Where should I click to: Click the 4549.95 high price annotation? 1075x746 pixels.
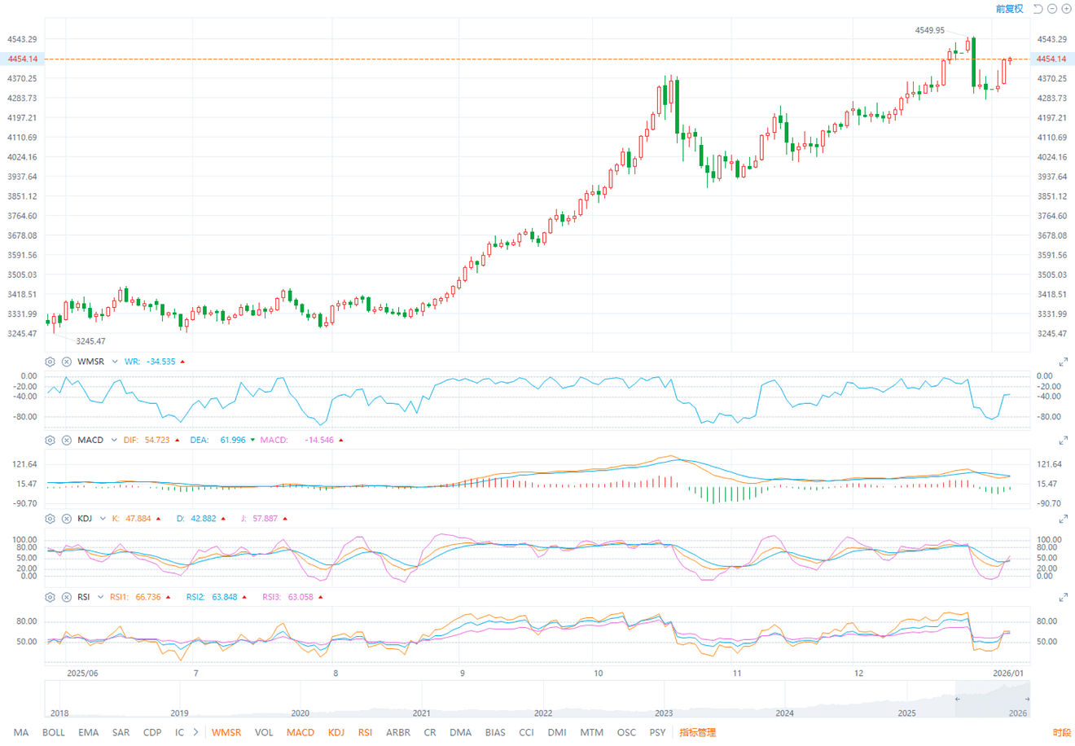point(929,30)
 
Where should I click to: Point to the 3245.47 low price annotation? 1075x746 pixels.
point(90,341)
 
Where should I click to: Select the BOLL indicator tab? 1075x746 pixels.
point(54,732)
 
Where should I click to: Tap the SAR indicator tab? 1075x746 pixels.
point(121,732)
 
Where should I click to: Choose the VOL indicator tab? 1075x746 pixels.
point(264,732)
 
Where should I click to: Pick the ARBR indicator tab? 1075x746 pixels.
point(398,732)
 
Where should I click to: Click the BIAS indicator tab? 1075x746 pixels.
point(495,732)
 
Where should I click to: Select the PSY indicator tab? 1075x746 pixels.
point(657,732)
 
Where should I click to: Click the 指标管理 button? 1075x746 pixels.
point(698,732)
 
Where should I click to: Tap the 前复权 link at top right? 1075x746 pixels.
point(1009,9)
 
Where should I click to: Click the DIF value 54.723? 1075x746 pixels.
point(157,440)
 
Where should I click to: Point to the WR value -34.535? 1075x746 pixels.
point(161,362)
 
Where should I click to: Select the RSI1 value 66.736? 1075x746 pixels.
point(148,597)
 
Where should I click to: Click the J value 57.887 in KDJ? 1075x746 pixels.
point(265,519)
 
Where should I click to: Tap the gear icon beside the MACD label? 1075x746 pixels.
point(50,440)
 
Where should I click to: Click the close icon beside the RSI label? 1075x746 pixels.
point(67,597)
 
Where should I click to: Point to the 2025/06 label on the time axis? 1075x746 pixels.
point(82,674)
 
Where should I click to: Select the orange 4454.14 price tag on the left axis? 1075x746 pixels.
point(22,59)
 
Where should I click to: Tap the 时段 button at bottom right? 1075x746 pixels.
point(1062,733)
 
